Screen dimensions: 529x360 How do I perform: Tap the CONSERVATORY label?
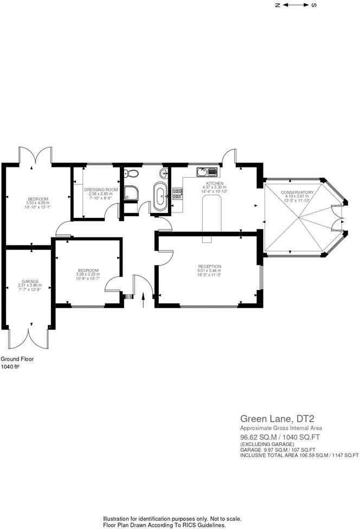pyautogui.click(x=297, y=192)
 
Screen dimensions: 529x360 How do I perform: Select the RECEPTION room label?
pyautogui.click(x=209, y=266)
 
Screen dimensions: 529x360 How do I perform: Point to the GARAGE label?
pyautogui.click(x=30, y=281)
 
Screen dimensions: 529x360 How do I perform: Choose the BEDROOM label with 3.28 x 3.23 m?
pyautogui.click(x=88, y=270)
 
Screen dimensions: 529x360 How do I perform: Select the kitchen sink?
pyautogui.click(x=207, y=172)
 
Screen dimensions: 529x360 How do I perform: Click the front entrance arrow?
pyautogui.click(x=143, y=299)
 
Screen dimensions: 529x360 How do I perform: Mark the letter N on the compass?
pyautogui.click(x=277, y=5)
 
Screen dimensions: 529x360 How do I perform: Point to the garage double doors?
pyautogui.click(x=29, y=339)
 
